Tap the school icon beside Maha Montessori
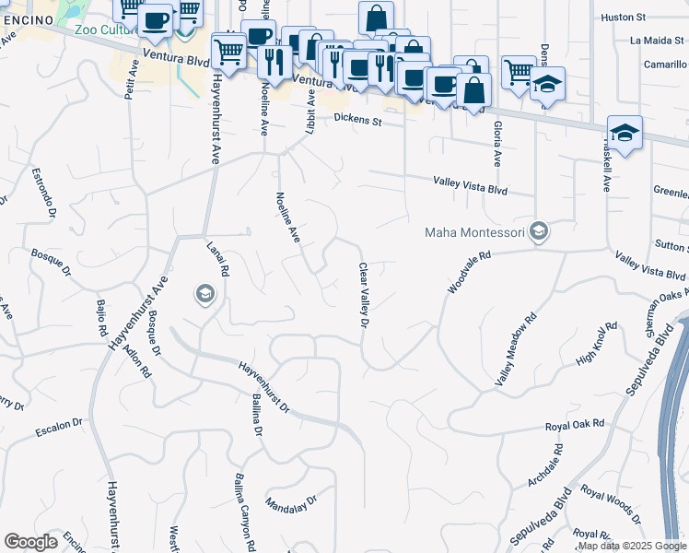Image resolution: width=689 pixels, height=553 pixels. [x=540, y=231]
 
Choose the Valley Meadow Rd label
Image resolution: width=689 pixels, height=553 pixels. [x=516, y=350]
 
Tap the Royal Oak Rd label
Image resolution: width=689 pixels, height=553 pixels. [x=574, y=424]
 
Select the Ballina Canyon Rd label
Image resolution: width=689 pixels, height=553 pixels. [x=244, y=512]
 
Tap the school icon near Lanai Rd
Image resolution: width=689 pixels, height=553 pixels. [x=204, y=295]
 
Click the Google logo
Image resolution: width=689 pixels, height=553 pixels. [x=30, y=542]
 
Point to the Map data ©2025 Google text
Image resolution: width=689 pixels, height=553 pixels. [x=632, y=547]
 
